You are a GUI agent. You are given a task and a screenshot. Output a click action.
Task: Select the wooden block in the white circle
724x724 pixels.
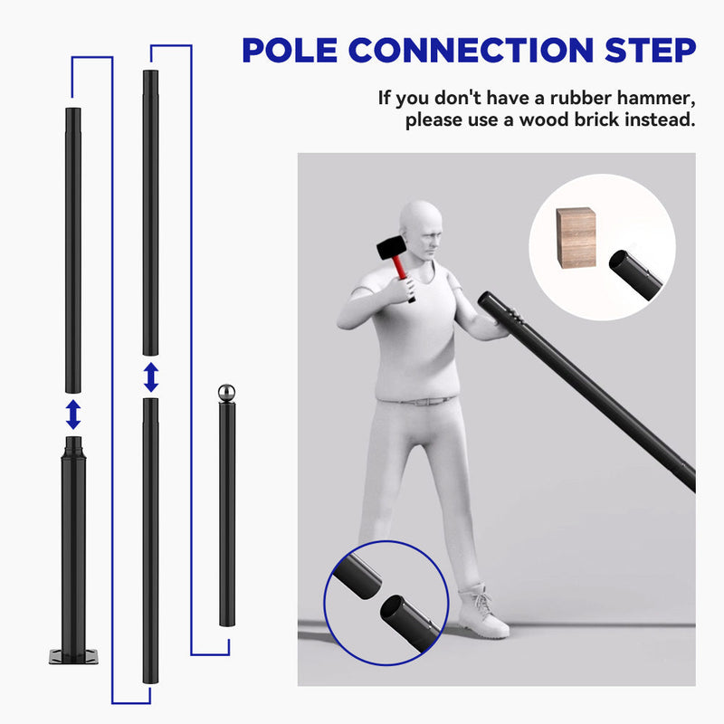pos(576,237)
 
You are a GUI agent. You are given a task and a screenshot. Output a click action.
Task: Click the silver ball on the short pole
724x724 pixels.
pos(226,393)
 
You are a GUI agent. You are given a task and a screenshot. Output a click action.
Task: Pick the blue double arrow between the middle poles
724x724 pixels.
pos(150,376)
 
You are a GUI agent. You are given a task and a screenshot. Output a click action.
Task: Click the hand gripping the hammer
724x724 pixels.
pos(399,288)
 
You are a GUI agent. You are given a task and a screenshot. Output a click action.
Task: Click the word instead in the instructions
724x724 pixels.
pos(658,120)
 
